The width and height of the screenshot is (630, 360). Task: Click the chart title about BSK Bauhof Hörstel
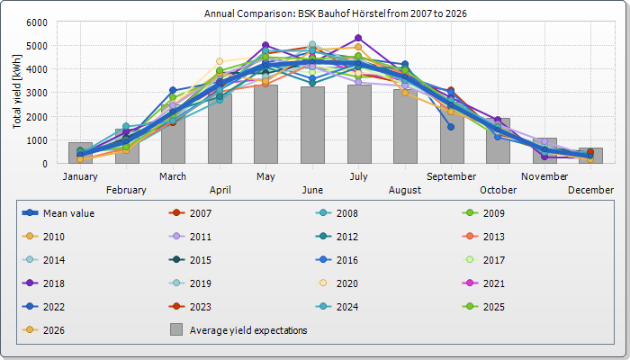tap(335, 14)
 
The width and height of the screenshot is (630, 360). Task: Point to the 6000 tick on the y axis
tap(37, 22)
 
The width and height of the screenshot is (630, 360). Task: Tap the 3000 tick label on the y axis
tap(37, 93)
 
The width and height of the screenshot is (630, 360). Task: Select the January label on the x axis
tap(80, 176)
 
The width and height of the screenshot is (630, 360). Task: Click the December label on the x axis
tap(590, 190)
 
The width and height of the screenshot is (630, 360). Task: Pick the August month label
tap(404, 190)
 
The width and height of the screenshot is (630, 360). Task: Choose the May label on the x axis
tap(265, 176)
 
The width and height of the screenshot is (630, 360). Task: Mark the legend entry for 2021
tap(490, 283)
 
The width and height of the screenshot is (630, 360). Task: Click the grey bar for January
tap(80, 153)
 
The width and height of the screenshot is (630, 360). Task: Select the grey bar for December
tap(590, 156)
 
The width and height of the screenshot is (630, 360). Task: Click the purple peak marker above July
tap(358, 39)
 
